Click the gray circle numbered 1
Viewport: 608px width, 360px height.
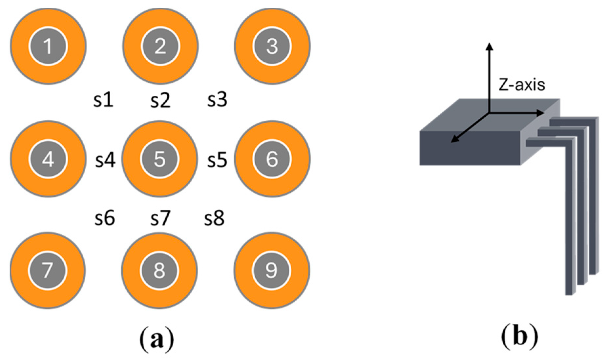(48, 46)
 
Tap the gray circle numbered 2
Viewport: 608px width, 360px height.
(160, 46)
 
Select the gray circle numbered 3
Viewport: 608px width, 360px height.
(272, 46)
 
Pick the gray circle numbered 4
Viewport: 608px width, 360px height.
(48, 159)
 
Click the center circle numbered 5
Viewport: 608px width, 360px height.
(159, 159)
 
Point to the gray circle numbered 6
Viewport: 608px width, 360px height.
(272, 159)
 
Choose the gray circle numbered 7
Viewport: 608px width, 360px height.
(47, 271)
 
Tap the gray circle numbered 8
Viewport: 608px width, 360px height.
(159, 271)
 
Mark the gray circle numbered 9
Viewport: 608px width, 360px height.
(271, 271)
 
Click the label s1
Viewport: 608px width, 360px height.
(103, 100)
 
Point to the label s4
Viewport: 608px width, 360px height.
(105, 160)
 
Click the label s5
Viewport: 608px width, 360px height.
(217, 160)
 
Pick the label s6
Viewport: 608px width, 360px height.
(105, 218)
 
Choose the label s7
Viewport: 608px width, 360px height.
(160, 218)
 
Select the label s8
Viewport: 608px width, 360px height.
(214, 218)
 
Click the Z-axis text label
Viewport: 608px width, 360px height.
(522, 85)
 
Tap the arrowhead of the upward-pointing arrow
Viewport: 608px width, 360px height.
(490, 47)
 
